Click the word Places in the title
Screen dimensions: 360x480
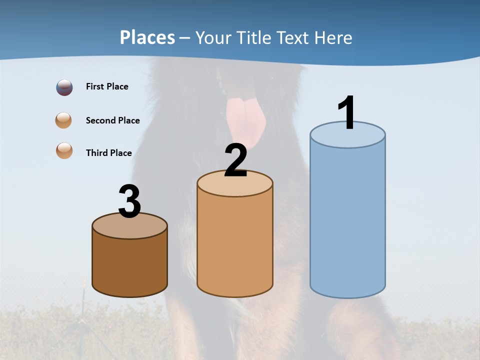(x=147, y=37)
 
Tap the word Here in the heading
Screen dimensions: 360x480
(x=332, y=37)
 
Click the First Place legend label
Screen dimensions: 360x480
(x=107, y=86)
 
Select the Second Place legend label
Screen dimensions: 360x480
(x=112, y=120)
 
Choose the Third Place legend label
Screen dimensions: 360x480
(x=108, y=153)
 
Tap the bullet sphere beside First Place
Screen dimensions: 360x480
(x=64, y=87)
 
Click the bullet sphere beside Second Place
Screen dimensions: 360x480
(x=64, y=120)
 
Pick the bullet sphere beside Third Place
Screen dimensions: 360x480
(x=64, y=151)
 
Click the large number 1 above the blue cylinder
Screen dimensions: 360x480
(x=346, y=112)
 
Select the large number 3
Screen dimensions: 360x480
(x=130, y=201)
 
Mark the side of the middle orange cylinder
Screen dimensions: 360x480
(x=235, y=245)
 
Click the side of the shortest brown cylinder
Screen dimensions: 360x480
(x=130, y=265)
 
